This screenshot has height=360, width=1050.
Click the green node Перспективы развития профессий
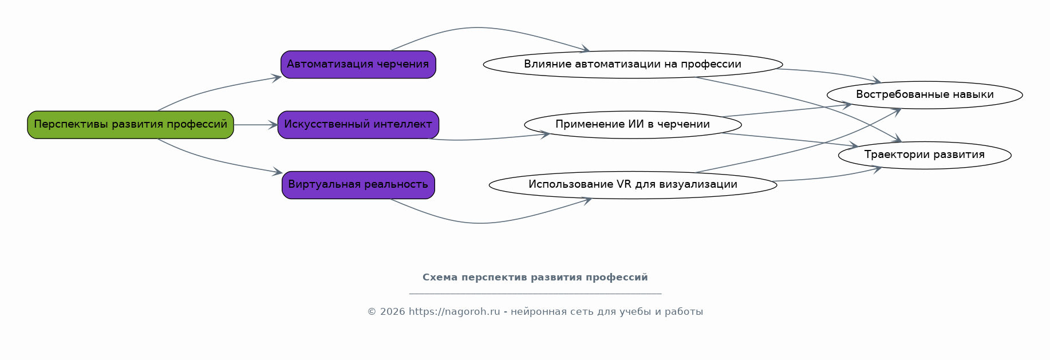point(131,125)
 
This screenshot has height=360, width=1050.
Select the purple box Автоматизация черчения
point(358,65)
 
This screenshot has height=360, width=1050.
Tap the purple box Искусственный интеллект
point(358,125)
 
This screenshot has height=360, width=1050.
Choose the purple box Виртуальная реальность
point(358,185)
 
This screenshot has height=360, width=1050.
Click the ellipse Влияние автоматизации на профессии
point(633,65)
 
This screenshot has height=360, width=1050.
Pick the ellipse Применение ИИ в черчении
point(633,125)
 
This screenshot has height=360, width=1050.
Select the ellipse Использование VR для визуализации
point(633,185)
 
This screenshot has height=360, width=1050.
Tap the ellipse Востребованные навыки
point(925,95)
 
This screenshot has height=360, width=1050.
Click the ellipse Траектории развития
point(925,155)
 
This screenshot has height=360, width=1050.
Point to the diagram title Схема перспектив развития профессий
point(535,278)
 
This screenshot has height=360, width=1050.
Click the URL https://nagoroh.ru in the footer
point(454,312)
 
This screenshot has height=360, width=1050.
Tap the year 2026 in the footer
point(392,312)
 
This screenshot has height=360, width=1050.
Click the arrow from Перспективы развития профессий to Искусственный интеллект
point(255,125)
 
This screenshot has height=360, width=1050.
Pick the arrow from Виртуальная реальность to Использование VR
point(481,223)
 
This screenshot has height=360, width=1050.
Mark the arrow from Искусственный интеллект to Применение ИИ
point(487,139)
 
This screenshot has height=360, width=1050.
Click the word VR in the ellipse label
point(624,185)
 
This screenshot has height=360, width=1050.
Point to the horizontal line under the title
point(535,294)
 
